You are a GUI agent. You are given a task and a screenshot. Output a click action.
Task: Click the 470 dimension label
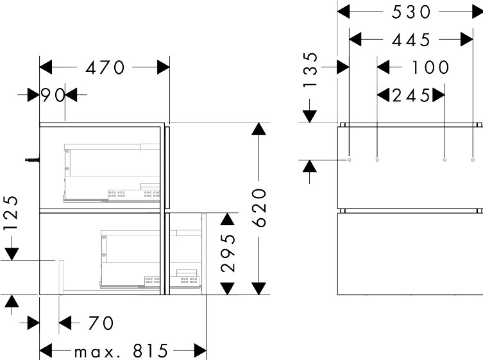(105, 68)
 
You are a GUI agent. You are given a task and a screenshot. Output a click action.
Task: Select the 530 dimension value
(411, 12)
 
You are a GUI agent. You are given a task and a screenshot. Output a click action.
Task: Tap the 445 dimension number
(411, 40)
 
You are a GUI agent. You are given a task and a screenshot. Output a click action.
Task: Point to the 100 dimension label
(430, 67)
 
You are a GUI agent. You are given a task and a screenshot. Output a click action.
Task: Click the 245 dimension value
(411, 95)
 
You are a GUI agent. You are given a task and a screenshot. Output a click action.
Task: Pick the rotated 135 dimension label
(310, 71)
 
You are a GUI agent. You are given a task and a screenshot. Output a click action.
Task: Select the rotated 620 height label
(259, 208)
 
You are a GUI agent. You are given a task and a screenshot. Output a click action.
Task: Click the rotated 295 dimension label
(228, 253)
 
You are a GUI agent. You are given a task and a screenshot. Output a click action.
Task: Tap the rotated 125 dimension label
(11, 213)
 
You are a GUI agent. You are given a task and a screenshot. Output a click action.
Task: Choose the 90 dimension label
(53, 95)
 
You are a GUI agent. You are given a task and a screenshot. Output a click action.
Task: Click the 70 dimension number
(101, 323)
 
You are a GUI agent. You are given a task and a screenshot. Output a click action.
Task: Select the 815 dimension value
(151, 351)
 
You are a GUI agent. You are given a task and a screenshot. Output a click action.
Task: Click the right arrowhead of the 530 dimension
(477, 12)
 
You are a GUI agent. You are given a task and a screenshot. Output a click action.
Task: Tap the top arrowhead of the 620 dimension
(258, 128)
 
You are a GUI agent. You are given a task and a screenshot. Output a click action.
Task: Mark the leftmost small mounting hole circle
(349, 160)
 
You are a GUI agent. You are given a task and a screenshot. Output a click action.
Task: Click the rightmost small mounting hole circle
(473, 160)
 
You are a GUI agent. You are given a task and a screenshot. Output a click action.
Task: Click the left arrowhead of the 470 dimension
(46, 67)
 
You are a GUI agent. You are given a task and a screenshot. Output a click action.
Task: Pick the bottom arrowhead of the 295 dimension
(227, 289)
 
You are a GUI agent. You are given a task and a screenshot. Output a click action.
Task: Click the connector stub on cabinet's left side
(32, 160)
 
